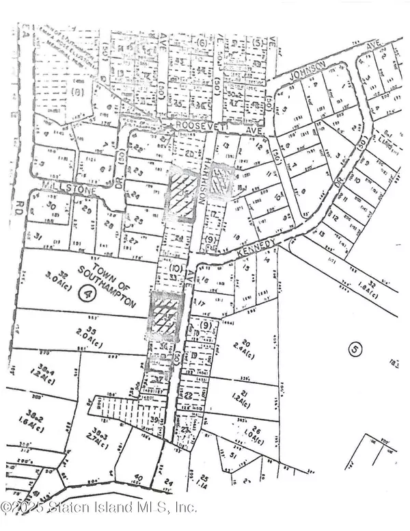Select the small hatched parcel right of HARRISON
[222, 179]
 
